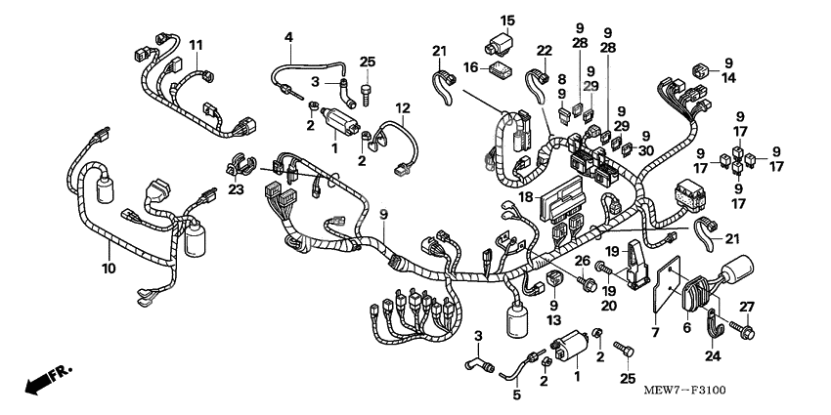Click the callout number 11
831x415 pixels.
pyautogui.click(x=197, y=45)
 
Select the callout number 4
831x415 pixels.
pyautogui.click(x=288, y=37)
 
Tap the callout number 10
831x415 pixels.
pyautogui.click(x=109, y=267)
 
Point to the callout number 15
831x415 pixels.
pyautogui.click(x=507, y=21)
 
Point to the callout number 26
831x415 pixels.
pyautogui.click(x=582, y=261)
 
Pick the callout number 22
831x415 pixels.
pyautogui.click(x=545, y=50)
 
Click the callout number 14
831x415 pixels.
pyautogui.click(x=728, y=80)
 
